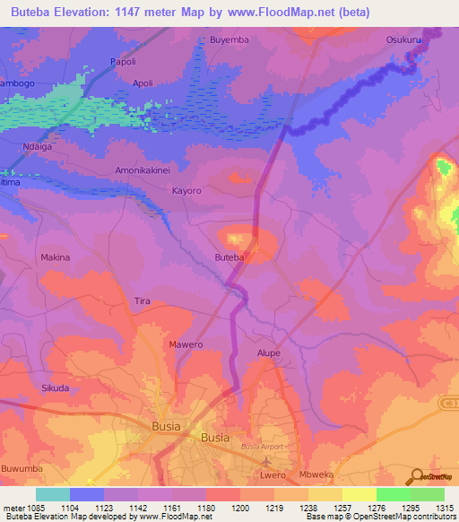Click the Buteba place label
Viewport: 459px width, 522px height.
(x=229, y=257)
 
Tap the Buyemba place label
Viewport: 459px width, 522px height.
(x=229, y=40)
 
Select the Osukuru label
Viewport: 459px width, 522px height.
(x=404, y=40)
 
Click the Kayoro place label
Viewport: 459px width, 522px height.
(x=186, y=191)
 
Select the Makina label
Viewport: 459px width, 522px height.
(x=56, y=257)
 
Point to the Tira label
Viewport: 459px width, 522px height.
(x=141, y=300)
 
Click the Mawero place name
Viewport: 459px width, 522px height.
(x=186, y=344)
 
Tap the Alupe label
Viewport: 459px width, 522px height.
(x=269, y=353)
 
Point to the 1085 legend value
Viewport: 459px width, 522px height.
(x=36, y=508)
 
